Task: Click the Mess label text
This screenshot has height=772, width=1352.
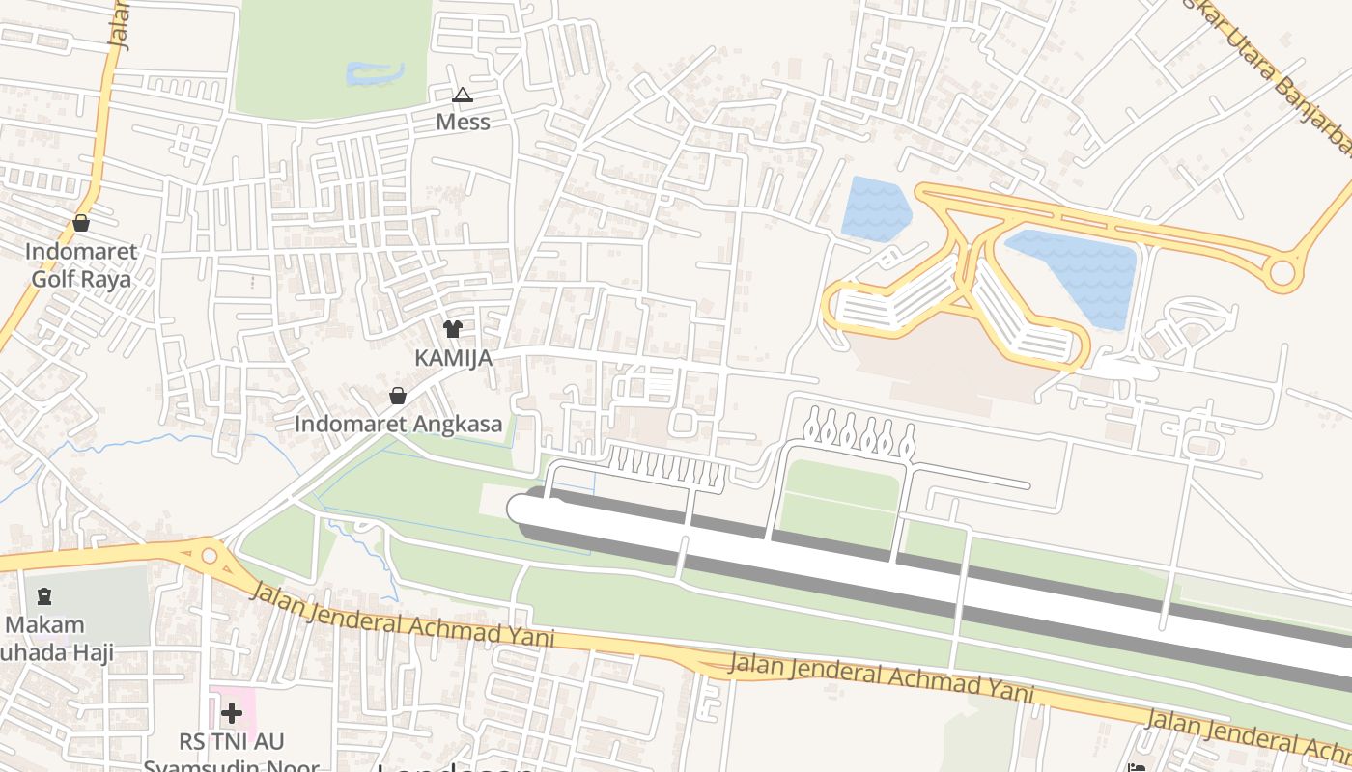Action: pos(463,122)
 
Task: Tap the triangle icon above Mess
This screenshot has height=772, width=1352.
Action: pos(463,95)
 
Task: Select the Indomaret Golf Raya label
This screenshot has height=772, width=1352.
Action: pos(81,265)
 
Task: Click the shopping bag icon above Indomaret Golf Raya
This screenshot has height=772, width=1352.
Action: pos(81,223)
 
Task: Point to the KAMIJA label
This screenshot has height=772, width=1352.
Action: pos(453,358)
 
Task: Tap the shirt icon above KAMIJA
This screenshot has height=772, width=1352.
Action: pos(453,329)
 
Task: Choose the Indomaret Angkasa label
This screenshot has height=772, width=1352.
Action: pos(398,424)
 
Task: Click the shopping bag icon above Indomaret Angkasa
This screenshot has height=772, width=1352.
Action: pos(398,396)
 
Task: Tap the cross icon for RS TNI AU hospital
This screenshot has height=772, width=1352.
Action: pos(231,714)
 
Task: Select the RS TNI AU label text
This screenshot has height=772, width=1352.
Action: pos(232,741)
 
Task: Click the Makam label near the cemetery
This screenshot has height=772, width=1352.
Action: pos(44,624)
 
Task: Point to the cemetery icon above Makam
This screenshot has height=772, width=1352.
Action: pos(44,596)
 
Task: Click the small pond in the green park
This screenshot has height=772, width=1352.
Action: pos(374,73)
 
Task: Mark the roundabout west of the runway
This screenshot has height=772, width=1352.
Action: pos(210,557)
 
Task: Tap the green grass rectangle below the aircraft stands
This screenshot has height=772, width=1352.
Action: pos(840,494)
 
